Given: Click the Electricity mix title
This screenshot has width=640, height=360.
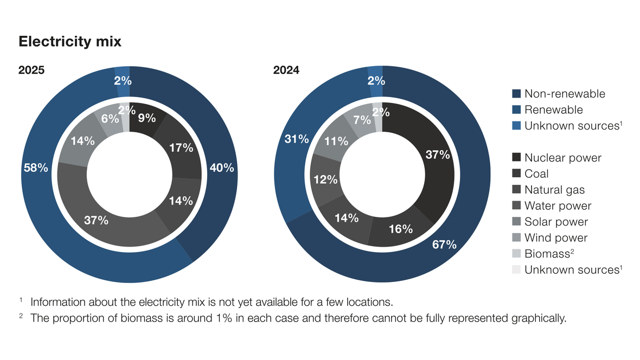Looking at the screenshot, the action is tap(70, 42).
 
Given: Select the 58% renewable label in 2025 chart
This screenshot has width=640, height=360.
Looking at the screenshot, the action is tap(36, 168).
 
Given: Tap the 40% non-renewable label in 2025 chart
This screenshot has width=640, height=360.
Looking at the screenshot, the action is tap(222, 168).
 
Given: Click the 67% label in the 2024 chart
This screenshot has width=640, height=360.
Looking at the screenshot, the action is tap(445, 245).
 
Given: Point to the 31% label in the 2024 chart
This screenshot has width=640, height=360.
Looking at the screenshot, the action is tap(297, 139).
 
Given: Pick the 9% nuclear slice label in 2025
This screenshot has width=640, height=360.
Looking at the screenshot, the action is tap(147, 118).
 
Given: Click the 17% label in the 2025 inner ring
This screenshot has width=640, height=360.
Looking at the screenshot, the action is tap(181, 148).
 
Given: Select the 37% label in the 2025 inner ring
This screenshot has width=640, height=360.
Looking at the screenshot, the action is tap(97, 221).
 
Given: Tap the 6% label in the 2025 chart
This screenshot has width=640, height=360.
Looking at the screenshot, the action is tap(110, 119).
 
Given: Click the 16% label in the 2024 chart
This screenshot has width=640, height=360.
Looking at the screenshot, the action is tap(401, 229).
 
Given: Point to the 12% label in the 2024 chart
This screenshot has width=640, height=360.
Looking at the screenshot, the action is tap(326, 179).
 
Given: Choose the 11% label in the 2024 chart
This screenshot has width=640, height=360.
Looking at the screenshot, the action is tap(336, 141).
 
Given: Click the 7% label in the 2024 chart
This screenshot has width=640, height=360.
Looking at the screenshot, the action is tap(362, 120).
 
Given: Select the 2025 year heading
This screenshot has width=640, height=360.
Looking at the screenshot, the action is tap(31, 70).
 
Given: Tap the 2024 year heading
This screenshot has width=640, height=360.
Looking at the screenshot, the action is tap(286, 70).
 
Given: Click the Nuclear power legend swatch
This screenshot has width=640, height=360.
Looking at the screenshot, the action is tap(516, 157).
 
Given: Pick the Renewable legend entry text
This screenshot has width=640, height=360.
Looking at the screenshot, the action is tap(553, 110).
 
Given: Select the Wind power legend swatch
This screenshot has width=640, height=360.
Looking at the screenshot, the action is tap(516, 237).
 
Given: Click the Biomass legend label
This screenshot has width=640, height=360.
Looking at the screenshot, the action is tap(549, 254).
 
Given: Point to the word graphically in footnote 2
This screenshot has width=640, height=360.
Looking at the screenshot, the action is tap(539, 318).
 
